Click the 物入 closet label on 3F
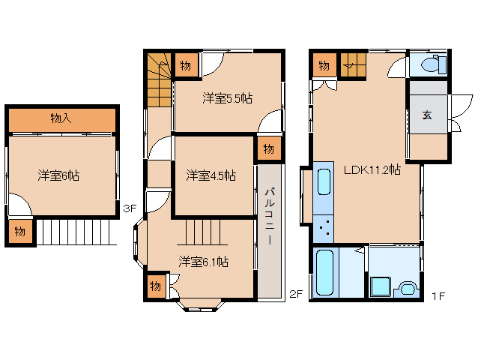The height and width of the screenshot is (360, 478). [x=61, y=118]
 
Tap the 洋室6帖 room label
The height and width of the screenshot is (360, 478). [x=59, y=175]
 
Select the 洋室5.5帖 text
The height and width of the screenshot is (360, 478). [x=227, y=97]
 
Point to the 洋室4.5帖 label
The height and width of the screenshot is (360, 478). [x=211, y=175]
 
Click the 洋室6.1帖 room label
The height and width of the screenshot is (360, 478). [x=203, y=262]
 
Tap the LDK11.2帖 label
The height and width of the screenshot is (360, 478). [x=372, y=169]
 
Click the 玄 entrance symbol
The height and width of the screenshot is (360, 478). [x=426, y=115]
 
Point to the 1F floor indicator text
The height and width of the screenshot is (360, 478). [x=438, y=295]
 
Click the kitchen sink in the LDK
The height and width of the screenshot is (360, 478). [x=324, y=181]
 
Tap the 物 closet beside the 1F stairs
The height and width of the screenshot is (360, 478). [x=324, y=66]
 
